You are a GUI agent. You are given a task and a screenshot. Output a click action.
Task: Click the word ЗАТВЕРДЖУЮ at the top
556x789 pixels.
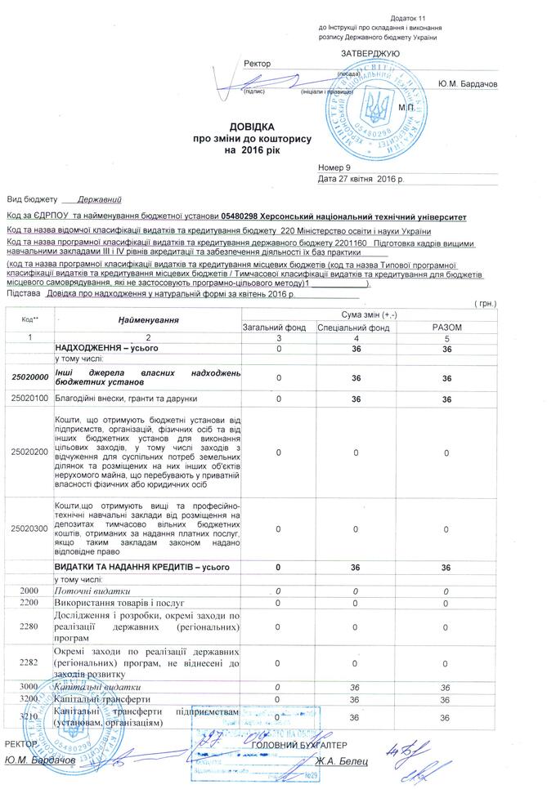370,53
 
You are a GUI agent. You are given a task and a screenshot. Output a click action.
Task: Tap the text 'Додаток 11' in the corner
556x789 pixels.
408,17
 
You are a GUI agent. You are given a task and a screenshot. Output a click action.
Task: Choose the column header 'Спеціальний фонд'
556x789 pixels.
356,327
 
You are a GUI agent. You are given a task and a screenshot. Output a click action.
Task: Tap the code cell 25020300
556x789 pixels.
30,528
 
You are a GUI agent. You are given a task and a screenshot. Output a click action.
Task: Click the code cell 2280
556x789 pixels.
30,626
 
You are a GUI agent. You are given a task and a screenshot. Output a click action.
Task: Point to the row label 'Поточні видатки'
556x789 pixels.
92,590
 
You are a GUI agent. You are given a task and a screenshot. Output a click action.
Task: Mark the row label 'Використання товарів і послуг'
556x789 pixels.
114,602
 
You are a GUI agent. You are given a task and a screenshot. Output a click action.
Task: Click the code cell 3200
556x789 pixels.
30,699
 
